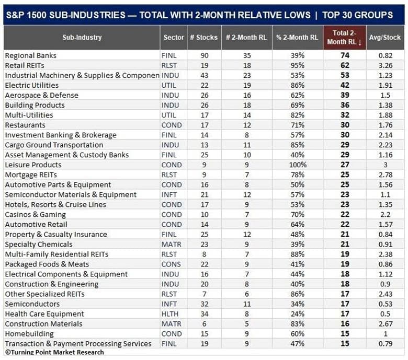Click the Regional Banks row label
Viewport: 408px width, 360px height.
tap(30, 55)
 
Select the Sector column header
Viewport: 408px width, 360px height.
tap(174, 38)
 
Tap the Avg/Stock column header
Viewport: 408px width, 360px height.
tap(385, 38)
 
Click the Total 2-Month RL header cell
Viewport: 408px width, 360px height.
tap(345, 38)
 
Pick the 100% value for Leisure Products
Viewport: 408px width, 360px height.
tap(298, 165)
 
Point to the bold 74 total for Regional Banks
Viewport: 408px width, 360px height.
tap(345, 55)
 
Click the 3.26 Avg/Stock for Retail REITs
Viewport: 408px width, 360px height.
tap(386, 65)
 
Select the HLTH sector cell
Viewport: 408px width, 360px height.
tap(169, 314)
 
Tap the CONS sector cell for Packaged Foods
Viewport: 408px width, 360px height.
tap(171, 264)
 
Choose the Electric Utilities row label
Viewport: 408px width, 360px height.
tap(32, 85)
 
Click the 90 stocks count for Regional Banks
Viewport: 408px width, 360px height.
tap(204, 55)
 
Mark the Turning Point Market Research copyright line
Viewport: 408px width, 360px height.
tap(54, 352)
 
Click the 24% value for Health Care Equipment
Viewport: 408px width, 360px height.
tap(298, 314)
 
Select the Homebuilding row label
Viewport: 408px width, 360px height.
tap(29, 334)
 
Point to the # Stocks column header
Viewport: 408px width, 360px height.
tap(204, 38)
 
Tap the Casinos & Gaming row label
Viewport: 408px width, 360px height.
tap(35, 215)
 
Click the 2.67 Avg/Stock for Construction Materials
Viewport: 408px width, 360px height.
tap(386, 324)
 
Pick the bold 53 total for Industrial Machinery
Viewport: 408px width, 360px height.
tap(345, 75)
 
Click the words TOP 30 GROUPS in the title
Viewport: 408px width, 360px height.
tap(357, 15)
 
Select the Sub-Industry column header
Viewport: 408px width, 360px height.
tap(82, 38)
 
